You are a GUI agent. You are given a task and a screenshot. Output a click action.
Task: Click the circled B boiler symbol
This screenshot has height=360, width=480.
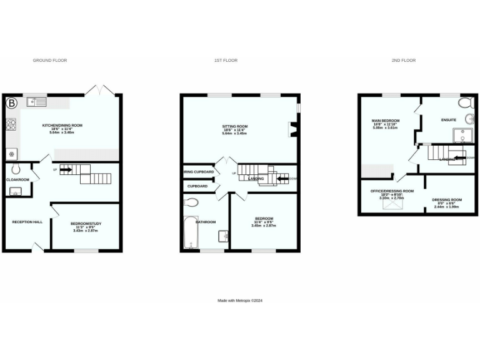(12, 102)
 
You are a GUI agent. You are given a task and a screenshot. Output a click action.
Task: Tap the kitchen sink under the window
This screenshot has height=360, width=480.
(36, 101)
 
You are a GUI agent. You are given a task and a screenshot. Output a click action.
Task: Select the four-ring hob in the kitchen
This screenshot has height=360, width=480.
(11, 124)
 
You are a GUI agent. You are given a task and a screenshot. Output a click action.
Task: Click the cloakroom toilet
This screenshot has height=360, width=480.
(15, 169)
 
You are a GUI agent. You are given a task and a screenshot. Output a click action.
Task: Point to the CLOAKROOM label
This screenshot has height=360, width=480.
(18, 179)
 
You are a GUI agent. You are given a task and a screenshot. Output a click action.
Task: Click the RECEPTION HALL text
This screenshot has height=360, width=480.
(27, 222)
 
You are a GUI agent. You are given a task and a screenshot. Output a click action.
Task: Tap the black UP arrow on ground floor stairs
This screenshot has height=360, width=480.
(66, 169)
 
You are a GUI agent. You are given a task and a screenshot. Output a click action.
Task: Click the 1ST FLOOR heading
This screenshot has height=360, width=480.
(226, 61)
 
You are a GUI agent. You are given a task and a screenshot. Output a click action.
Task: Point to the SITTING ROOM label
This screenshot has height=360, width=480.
(235, 126)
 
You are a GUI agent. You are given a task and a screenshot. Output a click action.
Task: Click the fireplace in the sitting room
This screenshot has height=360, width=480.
(292, 129)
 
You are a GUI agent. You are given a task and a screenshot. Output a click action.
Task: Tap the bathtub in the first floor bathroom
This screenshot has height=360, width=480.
(189, 232)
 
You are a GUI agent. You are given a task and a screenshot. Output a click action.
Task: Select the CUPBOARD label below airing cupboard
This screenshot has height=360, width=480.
(198, 186)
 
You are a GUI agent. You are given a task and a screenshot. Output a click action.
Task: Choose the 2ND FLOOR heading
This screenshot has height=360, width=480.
(404, 61)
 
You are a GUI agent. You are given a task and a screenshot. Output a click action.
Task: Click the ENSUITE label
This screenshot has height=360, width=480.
(448, 120)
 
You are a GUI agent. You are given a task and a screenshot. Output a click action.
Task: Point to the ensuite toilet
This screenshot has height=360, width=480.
(466, 103)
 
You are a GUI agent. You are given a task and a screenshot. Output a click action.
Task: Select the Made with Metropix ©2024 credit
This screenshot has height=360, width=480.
(240, 301)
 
